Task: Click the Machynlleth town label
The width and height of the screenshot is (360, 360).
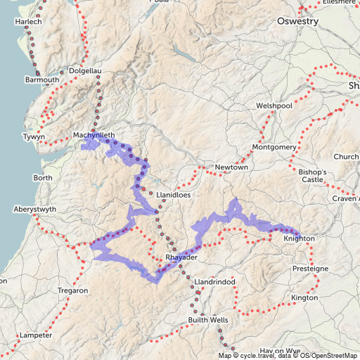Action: pyautogui.click(x=93, y=134)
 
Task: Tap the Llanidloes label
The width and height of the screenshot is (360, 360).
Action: pyautogui.click(x=174, y=194)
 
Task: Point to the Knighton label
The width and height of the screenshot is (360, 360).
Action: pyautogui.click(x=299, y=238)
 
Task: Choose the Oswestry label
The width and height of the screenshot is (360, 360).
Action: pyautogui.click(x=297, y=21)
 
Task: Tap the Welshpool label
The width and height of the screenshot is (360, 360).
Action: pyautogui.click(x=274, y=105)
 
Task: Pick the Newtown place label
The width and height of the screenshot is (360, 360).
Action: pyautogui.click(x=232, y=167)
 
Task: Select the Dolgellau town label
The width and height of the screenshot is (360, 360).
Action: pyautogui.click(x=86, y=71)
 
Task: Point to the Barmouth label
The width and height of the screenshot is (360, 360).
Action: pyautogui.click(x=42, y=80)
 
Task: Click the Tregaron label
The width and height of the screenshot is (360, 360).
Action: pyautogui.click(x=72, y=290)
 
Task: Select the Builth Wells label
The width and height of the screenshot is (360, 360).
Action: pyautogui.click(x=207, y=320)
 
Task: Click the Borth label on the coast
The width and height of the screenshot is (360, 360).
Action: pyautogui.click(x=42, y=178)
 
